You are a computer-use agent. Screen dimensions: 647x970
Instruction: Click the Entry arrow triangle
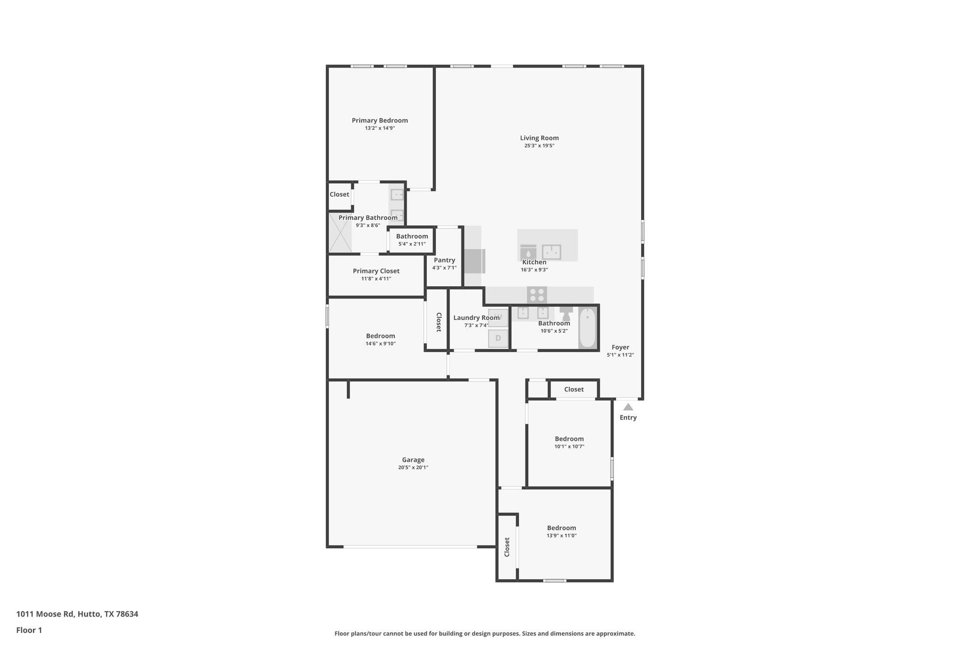pos(628,407)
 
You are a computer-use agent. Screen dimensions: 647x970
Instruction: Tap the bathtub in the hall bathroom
pos(587,328)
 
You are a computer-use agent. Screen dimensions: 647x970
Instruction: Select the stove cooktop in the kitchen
pos(537,295)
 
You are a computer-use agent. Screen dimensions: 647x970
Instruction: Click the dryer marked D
pos(498,338)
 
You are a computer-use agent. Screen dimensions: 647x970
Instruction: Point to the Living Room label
pos(539,138)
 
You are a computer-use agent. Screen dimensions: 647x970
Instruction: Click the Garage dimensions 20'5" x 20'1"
pos(413,467)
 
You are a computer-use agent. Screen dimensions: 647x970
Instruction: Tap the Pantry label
pos(444,260)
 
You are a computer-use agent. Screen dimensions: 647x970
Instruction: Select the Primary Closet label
pos(376,271)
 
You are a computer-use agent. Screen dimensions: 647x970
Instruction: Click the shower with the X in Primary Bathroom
pos(340,233)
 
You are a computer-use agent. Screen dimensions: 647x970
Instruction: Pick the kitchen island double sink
pos(551,252)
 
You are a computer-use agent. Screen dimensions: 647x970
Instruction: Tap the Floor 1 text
pos(29,630)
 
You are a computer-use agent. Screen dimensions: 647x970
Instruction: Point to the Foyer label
pos(620,347)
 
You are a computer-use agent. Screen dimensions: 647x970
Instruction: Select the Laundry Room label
pos(476,318)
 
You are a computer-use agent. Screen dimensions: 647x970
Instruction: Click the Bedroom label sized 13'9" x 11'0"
pos(561,528)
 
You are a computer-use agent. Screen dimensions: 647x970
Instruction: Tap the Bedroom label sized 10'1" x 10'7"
pos(569,438)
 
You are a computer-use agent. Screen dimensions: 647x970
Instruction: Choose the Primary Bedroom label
pos(379,120)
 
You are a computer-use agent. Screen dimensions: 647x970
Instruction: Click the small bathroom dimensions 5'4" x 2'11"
pos(412,244)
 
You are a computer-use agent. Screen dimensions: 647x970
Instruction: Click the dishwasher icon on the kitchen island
pos(528,252)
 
